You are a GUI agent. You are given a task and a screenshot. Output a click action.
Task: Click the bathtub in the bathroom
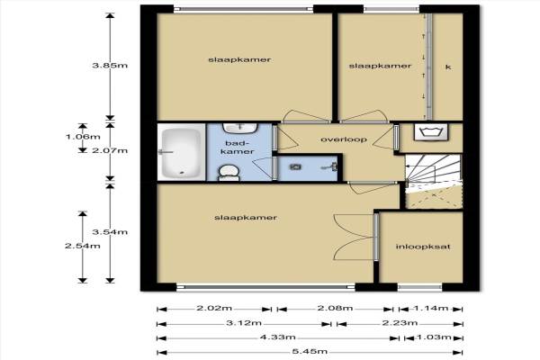click(x=181, y=151)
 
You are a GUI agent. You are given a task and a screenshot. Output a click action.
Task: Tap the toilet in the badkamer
click(x=229, y=172)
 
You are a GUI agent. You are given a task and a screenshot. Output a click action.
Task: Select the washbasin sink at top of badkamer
click(x=239, y=128)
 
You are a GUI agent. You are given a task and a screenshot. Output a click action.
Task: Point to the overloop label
click(x=344, y=139)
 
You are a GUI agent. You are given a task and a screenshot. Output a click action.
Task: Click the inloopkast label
click(x=423, y=247)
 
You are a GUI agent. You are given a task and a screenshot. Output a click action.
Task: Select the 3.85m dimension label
click(x=110, y=65)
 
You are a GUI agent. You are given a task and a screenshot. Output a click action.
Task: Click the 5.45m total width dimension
click(x=310, y=352)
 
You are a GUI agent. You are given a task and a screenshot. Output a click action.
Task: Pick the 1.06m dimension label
click(x=83, y=137)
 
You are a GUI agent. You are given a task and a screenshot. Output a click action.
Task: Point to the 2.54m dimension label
click(x=83, y=246)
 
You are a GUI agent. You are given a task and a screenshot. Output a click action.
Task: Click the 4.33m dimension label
click(x=277, y=337)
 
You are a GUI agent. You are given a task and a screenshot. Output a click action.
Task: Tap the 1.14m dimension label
click(x=430, y=309)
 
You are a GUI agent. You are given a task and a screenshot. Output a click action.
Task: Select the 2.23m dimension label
click(x=400, y=323)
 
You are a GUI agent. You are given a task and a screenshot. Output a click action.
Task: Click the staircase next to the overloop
click(x=434, y=181)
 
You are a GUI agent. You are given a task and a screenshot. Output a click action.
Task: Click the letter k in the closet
click(x=448, y=67)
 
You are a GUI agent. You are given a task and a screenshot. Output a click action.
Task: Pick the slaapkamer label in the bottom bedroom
click(x=246, y=218)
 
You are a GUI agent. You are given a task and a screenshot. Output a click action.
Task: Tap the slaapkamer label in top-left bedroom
click(x=239, y=59)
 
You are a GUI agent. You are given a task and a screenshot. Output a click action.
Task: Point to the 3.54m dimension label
click(x=110, y=232)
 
